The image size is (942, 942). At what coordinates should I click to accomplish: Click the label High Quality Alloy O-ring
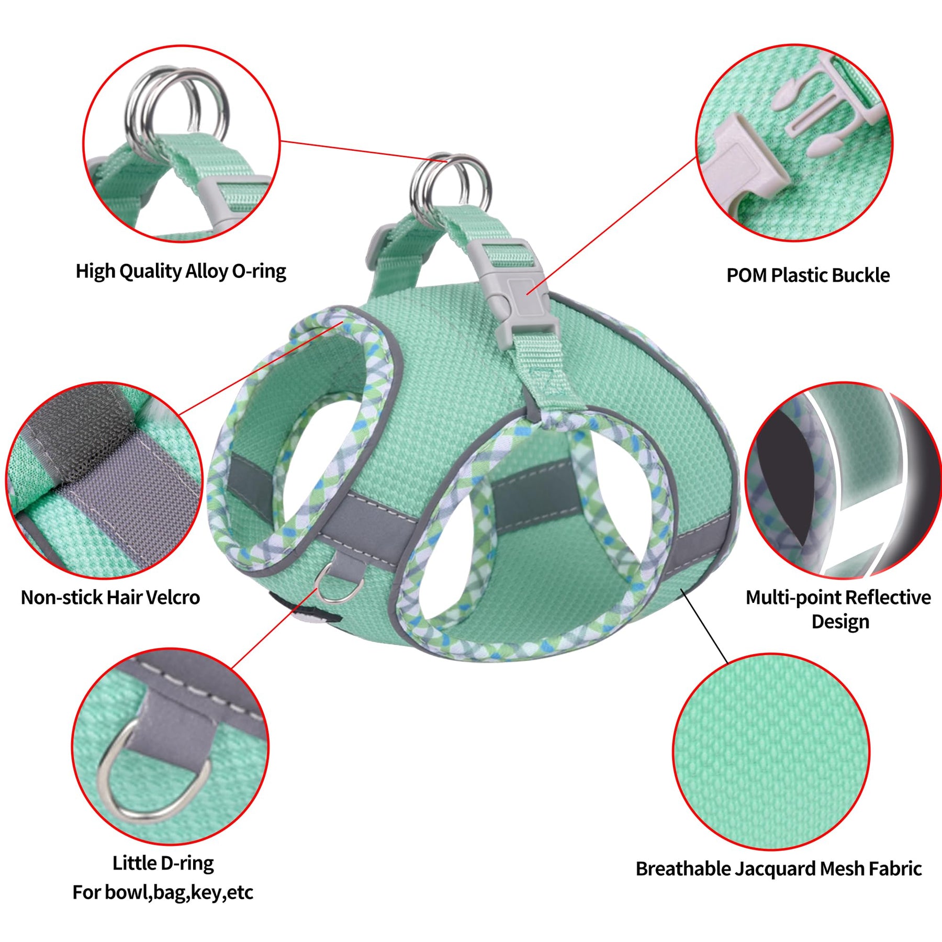[x=181, y=271]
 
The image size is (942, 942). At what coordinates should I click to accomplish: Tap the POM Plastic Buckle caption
[x=808, y=275]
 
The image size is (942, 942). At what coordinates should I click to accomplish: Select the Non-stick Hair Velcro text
[x=110, y=597]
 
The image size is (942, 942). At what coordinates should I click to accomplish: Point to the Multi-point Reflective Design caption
[x=838, y=609]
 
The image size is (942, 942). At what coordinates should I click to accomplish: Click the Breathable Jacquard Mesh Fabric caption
[x=779, y=868]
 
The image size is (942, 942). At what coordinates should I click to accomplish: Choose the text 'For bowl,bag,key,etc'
[x=163, y=892]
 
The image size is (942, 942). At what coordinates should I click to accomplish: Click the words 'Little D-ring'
[x=163, y=863]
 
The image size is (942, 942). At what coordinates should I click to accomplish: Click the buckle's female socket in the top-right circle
[x=743, y=165]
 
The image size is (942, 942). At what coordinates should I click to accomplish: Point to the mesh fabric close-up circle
[x=771, y=752]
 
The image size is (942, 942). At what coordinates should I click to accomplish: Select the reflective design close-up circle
[x=843, y=480]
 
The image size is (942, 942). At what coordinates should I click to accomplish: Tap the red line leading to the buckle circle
[x=612, y=225]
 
